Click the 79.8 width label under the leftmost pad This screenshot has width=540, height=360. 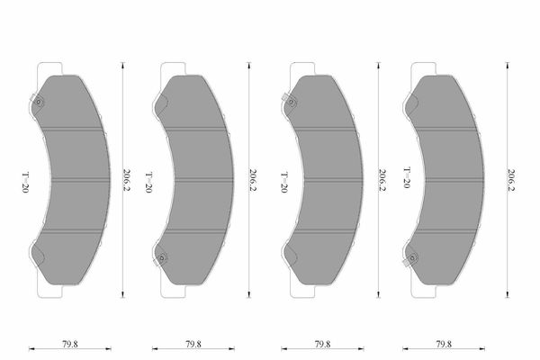70,344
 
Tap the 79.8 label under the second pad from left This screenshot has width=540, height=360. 193,344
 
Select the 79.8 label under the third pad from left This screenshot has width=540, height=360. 323,344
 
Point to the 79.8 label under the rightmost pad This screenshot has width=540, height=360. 444,344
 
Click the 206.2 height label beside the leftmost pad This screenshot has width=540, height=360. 127,180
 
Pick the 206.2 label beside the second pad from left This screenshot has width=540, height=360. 253,180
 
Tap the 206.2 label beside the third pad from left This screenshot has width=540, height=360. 382,180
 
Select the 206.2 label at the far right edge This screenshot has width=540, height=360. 511,180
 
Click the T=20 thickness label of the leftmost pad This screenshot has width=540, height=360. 25,183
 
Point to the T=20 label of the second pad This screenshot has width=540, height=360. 148,183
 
